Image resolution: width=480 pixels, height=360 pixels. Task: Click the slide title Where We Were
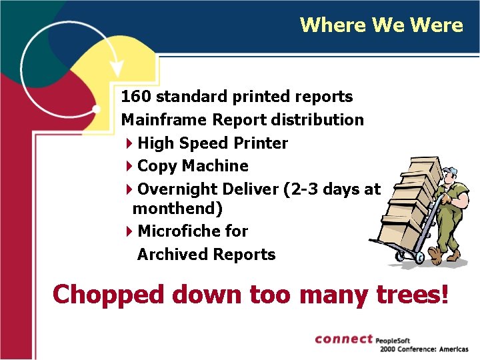point(381,25)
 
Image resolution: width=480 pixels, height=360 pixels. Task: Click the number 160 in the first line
point(136,97)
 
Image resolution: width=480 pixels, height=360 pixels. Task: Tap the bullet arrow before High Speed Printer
point(129,143)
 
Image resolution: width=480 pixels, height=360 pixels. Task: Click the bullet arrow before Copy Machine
point(129,166)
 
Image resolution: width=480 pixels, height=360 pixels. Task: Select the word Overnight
point(174,189)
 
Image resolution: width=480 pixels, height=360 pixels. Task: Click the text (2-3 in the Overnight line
point(300,189)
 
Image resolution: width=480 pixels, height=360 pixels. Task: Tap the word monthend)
point(177,209)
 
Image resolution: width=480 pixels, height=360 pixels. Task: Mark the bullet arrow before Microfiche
point(129,231)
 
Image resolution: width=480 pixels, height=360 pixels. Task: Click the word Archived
point(171,255)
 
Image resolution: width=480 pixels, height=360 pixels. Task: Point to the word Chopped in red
point(107,294)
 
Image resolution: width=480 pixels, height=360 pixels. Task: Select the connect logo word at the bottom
point(343,339)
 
